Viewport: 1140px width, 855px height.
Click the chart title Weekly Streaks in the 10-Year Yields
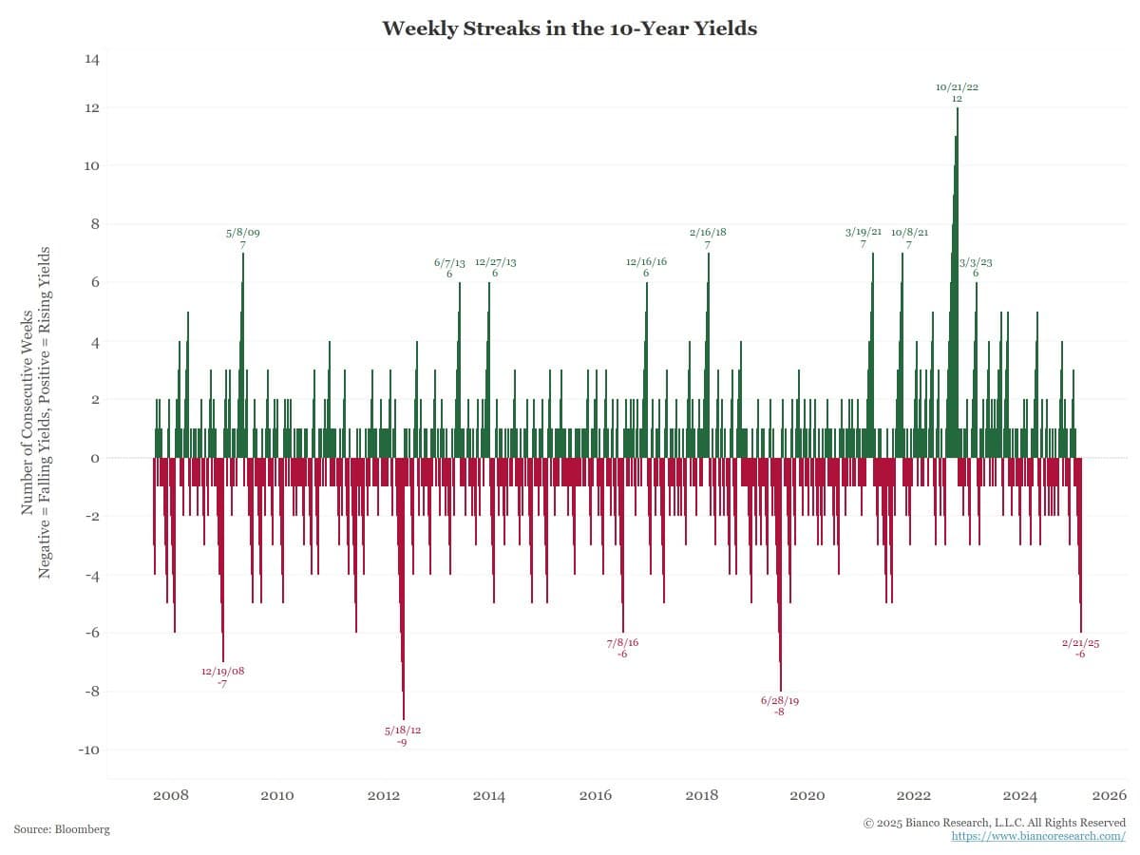click(569, 28)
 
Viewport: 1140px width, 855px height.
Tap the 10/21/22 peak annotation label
click(957, 92)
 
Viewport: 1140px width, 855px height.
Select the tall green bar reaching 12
click(957, 285)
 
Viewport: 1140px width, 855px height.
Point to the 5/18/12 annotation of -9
click(403, 735)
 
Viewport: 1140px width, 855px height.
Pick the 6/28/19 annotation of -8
click(780, 706)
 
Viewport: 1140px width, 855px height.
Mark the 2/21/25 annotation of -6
click(1080, 648)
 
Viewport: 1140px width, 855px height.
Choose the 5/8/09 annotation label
click(243, 237)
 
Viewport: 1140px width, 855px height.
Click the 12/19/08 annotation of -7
click(222, 676)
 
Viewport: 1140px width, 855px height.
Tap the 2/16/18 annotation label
click(708, 237)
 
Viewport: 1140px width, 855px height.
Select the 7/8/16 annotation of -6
click(622, 648)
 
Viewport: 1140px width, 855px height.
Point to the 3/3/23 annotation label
click(976, 267)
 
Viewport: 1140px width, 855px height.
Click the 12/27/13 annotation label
click(495, 267)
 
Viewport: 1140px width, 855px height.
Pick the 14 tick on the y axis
click(92, 59)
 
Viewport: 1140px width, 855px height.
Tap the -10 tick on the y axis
click(88, 750)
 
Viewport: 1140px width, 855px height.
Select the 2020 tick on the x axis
click(807, 795)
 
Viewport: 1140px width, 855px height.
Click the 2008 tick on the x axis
click(170, 795)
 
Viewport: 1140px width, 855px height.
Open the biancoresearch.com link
click(1038, 836)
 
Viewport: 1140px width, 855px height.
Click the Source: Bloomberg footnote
click(62, 829)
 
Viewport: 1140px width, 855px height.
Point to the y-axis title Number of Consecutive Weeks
click(28, 413)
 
